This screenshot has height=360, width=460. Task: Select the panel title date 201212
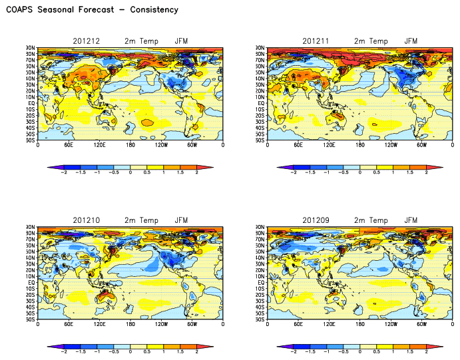click(x=88, y=41)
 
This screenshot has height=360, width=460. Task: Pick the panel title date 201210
click(x=88, y=220)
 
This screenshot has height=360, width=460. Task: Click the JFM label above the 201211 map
click(x=413, y=41)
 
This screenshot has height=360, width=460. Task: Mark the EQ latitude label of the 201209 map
click(x=261, y=282)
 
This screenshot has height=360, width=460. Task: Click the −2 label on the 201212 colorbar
click(x=64, y=172)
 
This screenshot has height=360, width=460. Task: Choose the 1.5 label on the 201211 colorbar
click(x=410, y=172)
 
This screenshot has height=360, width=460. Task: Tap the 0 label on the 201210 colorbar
click(x=130, y=351)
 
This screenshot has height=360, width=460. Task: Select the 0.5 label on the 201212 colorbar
click(x=147, y=172)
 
